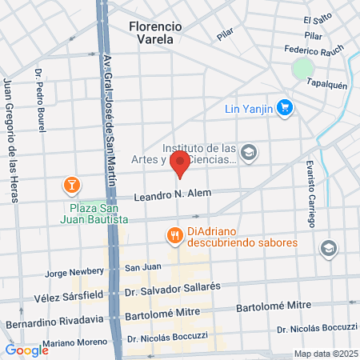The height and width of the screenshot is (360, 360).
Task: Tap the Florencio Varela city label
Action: pos(166,32)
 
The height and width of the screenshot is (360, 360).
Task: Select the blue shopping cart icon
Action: pos(284,107)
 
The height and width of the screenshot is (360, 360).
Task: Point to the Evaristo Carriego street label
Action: pos(310,193)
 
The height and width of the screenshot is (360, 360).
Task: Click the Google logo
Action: pos(27,350)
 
